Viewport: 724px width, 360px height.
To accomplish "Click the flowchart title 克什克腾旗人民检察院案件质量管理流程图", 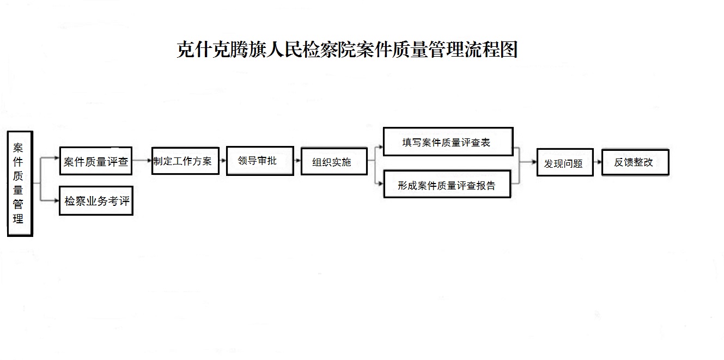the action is (347, 50).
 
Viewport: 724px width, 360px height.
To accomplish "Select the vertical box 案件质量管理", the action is (20, 184).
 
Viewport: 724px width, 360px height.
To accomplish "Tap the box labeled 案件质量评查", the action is (96, 161).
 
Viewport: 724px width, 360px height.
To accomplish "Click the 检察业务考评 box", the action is (96, 200).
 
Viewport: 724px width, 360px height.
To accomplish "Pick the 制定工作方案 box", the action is (185, 161).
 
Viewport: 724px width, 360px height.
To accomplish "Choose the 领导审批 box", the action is (260, 161).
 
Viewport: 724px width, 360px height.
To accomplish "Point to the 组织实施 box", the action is (334, 162).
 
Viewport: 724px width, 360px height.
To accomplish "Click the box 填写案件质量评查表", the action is (448, 142).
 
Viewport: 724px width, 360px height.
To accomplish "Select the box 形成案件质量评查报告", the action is (447, 184).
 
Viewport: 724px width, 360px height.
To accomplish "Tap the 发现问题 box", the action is (565, 162).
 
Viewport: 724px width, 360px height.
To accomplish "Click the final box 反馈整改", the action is (635, 162).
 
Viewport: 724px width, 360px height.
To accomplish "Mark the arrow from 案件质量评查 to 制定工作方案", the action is (142, 160).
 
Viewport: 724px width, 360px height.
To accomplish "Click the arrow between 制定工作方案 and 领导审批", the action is (223, 161).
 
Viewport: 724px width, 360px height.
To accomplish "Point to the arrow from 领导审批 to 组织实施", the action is (297, 161).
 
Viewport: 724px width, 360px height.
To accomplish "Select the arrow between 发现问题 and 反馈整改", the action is (598, 162).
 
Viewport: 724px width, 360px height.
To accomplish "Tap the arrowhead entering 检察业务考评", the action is (57, 200).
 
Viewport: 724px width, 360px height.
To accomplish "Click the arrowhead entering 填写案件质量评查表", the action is (381, 147).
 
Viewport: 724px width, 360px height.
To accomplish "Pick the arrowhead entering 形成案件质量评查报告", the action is (381, 184).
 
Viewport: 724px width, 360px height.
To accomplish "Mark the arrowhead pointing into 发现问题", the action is (534, 162).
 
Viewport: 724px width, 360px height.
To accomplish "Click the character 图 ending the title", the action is (509, 50).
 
